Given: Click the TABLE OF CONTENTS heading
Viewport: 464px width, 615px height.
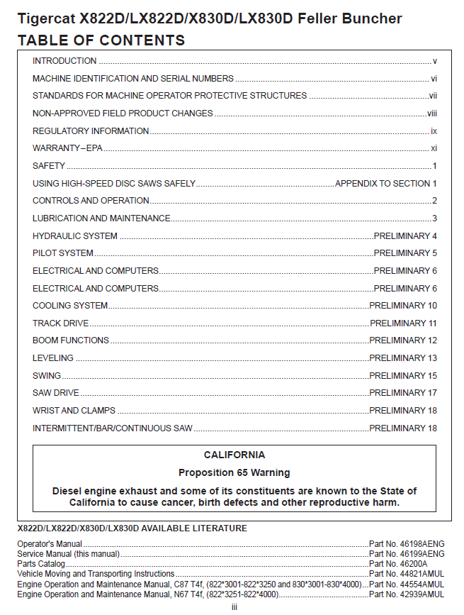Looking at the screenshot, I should [101, 40].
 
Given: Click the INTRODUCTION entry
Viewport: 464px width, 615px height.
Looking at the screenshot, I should [64, 61].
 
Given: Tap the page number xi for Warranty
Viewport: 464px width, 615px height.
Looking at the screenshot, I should [434, 148].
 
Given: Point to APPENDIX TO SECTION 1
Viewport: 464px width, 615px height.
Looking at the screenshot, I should [385, 184].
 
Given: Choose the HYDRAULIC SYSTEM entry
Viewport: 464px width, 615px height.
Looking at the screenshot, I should [75, 236].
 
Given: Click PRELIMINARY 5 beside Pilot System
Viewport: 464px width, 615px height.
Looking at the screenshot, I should [405, 253].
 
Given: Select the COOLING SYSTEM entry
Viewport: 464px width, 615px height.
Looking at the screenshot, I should [70, 306].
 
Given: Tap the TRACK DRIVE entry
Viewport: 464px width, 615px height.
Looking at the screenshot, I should [61, 323].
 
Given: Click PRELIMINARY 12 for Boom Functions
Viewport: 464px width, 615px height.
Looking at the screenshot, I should [403, 340].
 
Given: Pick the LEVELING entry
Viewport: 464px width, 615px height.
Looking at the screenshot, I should [53, 358].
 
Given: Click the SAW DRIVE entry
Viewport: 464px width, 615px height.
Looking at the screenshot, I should [56, 393].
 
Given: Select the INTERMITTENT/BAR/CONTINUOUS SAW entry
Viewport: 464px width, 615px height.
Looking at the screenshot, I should [113, 428].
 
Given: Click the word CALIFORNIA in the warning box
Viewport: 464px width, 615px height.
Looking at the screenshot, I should [234, 455].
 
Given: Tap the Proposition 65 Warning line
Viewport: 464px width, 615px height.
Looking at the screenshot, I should [234, 472].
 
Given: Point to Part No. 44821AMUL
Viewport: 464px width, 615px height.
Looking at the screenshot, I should [407, 574].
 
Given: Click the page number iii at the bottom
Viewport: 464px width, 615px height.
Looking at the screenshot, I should [234, 607].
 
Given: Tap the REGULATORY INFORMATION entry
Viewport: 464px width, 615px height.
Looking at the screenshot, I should [91, 131].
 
